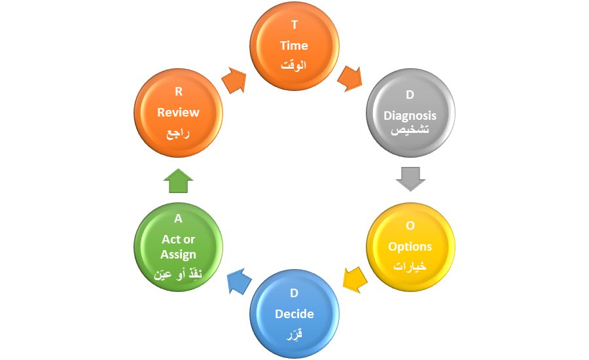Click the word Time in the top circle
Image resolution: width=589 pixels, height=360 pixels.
(x=294, y=46)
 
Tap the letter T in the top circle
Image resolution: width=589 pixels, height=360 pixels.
(x=294, y=26)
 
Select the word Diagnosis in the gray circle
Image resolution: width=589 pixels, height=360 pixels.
(x=410, y=116)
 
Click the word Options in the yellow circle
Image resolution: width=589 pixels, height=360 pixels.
(x=410, y=247)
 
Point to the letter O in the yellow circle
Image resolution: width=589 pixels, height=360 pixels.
(x=410, y=226)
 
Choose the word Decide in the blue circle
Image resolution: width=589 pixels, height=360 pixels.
(x=294, y=314)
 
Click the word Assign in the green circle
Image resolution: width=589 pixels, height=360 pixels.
(x=178, y=255)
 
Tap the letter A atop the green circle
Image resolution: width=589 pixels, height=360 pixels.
(x=178, y=219)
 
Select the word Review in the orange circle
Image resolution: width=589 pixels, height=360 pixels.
(x=178, y=112)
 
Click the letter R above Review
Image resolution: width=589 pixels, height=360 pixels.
(x=178, y=92)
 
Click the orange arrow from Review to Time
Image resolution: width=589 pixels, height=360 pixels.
(x=234, y=81)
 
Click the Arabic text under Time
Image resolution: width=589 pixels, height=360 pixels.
(x=294, y=66)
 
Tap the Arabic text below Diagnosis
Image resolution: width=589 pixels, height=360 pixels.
(x=410, y=131)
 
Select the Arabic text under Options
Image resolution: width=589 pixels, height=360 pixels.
(x=410, y=267)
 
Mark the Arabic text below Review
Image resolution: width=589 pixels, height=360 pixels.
(x=178, y=133)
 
